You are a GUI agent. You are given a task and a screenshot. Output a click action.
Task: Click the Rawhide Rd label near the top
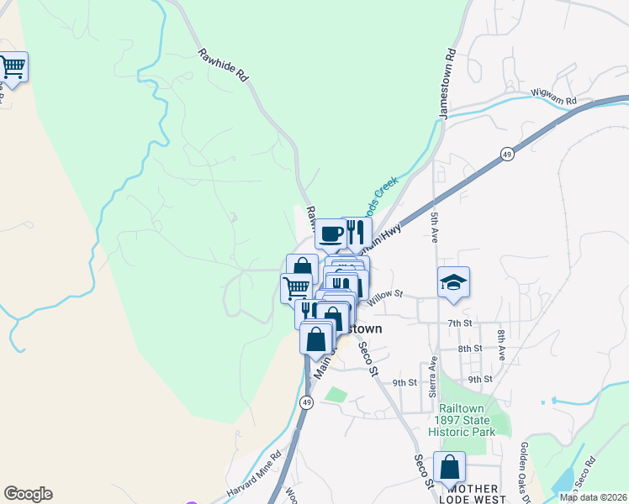224,66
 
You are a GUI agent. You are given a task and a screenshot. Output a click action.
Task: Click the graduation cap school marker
453,283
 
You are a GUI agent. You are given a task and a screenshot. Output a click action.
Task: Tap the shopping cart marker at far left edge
12,66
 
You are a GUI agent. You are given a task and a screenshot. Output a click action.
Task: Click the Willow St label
386,295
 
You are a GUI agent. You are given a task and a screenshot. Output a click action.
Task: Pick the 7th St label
460,323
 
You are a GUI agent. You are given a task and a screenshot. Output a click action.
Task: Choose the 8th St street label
470,348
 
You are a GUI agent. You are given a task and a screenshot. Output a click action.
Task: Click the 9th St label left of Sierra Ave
404,382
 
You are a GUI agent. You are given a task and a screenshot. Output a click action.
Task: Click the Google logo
28,494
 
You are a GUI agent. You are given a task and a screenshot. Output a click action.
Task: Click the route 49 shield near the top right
507,155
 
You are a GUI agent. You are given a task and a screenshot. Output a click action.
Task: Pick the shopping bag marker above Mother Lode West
450,466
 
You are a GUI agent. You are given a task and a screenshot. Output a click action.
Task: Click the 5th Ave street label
435,227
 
